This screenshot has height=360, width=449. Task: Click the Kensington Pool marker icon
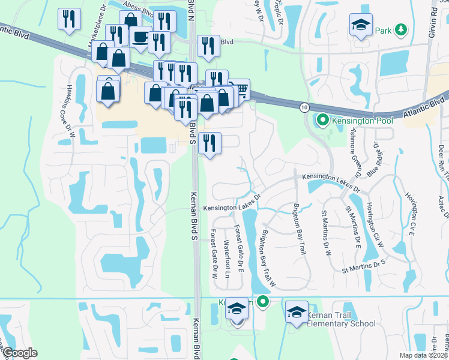tap(323, 121)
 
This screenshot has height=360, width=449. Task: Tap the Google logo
tap(19, 353)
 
